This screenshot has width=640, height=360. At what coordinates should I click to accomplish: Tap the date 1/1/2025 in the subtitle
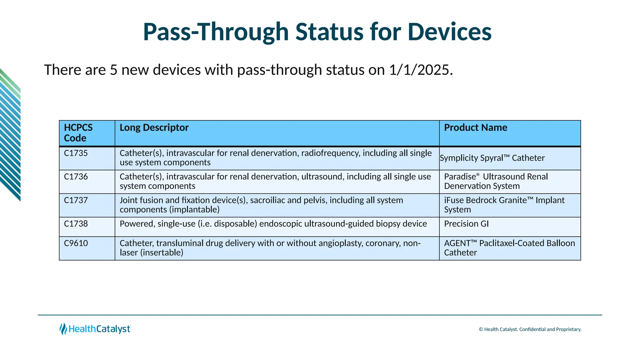tap(421, 70)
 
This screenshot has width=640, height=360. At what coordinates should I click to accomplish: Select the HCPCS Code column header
tap(78, 133)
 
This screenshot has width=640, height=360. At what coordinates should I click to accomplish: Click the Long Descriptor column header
tap(154, 127)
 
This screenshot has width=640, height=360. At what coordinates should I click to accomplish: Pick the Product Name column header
tap(475, 127)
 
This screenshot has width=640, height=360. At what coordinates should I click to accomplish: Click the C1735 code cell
tap(76, 153)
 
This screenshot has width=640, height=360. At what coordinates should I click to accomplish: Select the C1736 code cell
tap(76, 177)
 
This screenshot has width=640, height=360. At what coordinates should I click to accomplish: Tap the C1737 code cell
tap(76, 200)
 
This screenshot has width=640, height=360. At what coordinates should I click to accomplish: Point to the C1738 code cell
tap(76, 224)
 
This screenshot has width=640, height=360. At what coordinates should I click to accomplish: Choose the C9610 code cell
tap(76, 243)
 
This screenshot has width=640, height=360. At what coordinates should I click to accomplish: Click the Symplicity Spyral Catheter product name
tap(492, 158)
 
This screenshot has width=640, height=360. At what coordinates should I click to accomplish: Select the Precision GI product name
tap(466, 224)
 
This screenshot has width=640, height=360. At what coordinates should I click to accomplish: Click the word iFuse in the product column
tap(455, 200)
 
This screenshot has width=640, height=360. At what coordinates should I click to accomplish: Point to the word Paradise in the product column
tap(460, 177)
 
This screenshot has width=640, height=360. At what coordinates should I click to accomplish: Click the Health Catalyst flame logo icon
tap(63, 329)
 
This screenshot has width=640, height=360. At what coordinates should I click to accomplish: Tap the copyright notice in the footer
tap(530, 329)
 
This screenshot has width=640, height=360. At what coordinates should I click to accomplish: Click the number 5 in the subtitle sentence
tap(113, 70)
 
